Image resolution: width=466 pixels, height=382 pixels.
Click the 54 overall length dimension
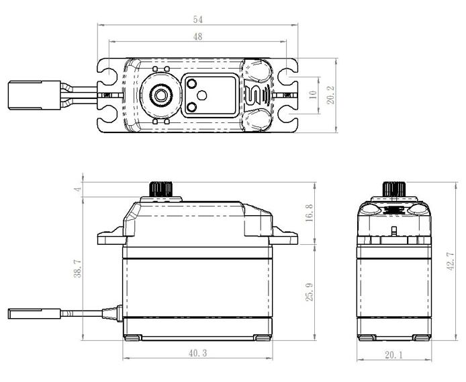coord(198,20)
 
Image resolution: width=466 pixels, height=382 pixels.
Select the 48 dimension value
coord(197,36)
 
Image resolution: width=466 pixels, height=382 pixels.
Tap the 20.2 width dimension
coord(330,95)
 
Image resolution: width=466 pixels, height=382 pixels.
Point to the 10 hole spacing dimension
coord(313,95)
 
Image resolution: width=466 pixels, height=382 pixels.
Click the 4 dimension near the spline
coord(78,189)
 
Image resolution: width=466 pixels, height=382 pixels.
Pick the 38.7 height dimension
coord(78,268)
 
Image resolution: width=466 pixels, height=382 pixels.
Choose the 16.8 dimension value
coord(309,213)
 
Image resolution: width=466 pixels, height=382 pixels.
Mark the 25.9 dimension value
coord(310,292)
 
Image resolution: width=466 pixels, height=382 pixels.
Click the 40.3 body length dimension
coord(197,353)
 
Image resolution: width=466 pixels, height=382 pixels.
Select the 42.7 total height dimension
coord(451,261)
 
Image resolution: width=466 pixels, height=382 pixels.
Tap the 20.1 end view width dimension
coord(393,355)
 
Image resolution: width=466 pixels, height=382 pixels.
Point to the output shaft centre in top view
coord(160,95)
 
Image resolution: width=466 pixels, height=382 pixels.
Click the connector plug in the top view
coord(34,95)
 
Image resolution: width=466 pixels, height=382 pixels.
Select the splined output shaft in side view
coord(161,189)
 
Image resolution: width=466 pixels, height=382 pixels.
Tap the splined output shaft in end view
coord(393,189)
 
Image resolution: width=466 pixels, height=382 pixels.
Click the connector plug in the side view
coord(34,314)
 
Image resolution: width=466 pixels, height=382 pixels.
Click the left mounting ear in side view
coord(111,236)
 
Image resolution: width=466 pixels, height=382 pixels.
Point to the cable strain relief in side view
coord(112,313)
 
